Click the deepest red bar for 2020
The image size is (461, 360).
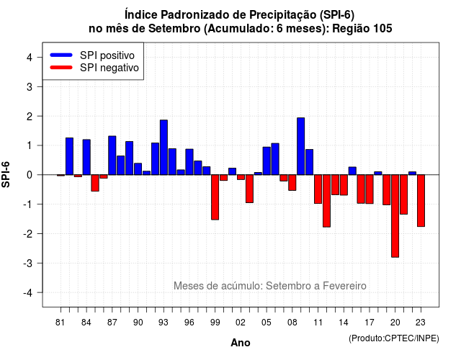tap(395, 216)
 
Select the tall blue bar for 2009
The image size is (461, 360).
tap(300, 146)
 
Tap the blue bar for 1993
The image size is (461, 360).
tap(164, 148)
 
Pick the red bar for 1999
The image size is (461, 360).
tap(215, 197)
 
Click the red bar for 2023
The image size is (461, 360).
tap(421, 200)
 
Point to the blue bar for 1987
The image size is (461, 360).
tap(112, 156)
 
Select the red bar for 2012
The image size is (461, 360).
tap(326, 201)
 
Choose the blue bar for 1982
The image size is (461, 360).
tap(69, 156)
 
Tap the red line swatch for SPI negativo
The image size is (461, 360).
tap(61, 68)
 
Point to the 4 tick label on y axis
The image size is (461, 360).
tap(29, 58)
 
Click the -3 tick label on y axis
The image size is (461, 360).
tap(27, 263)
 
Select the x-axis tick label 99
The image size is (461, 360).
tap(215, 323)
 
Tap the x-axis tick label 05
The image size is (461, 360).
tap(267, 323)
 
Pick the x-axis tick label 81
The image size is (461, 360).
tap(61, 323)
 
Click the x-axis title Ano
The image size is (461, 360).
tap(241, 343)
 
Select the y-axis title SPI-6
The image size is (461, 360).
tap(6, 174)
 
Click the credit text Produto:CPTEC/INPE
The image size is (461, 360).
tap(394, 338)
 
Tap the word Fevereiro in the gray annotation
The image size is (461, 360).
tap(344, 286)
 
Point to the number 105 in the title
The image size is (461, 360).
tap(382, 29)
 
